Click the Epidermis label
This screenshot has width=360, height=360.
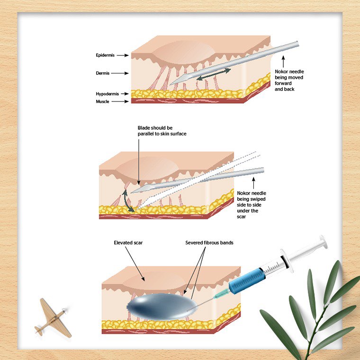[x=104, y=55]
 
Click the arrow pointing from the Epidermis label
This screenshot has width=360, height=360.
[x=123, y=55]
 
